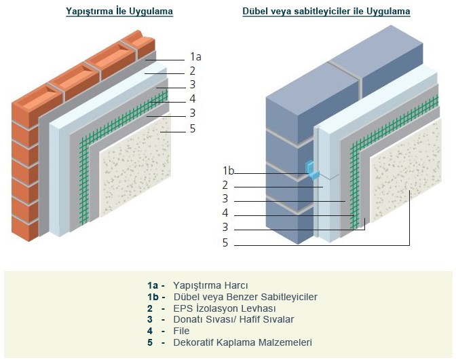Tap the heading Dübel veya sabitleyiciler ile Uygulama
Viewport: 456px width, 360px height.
tap(326, 12)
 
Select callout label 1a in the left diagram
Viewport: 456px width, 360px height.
tap(195, 57)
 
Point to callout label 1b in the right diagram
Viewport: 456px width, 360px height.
tap(228, 170)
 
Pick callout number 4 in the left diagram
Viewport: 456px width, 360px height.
tap(193, 98)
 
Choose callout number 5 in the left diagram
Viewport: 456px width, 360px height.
tap(193, 127)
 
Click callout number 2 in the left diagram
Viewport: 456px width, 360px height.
tap(193, 71)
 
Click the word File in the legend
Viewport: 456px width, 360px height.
tap(181, 331)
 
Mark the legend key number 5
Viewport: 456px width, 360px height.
tap(150, 342)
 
